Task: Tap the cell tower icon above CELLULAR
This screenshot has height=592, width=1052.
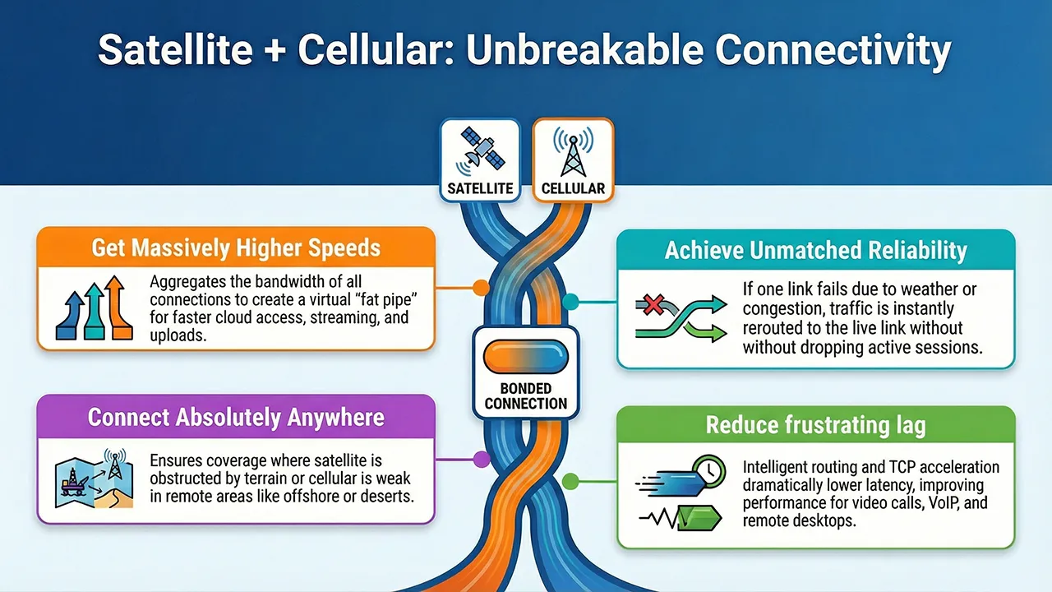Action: pos(573,150)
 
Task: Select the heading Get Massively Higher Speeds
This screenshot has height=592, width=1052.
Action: pos(236,247)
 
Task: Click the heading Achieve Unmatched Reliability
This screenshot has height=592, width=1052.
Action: pos(815,251)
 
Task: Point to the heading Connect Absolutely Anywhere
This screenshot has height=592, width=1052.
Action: pos(236,417)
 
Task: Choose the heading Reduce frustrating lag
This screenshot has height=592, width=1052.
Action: pos(815,425)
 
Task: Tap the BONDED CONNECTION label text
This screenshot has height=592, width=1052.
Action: pos(526,395)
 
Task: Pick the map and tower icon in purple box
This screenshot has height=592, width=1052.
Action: pos(94,479)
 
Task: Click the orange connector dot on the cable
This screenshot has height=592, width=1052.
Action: pos(480,289)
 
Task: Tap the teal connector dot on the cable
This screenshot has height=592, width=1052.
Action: pos(573,303)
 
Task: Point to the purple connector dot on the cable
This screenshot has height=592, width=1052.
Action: pos(480,458)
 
